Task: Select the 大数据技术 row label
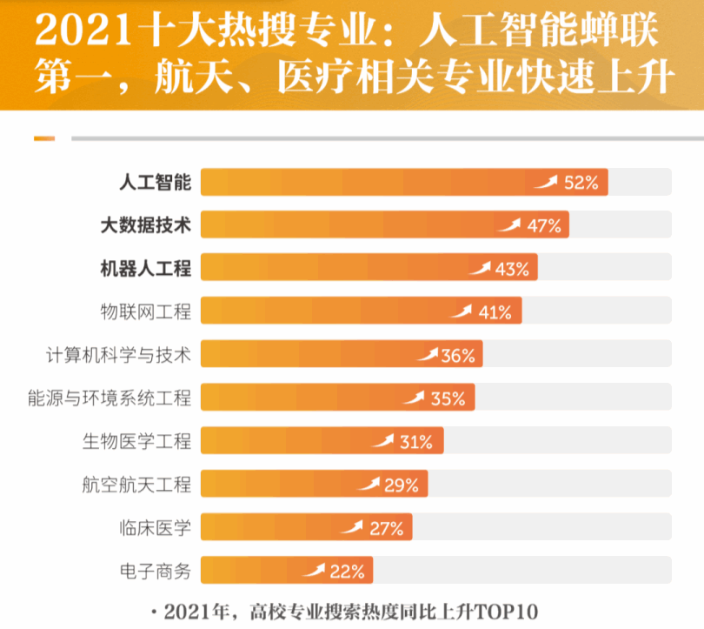click(x=145, y=225)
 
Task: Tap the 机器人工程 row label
click(x=145, y=268)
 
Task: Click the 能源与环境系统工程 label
click(x=109, y=398)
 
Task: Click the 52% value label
click(x=581, y=183)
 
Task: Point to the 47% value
click(x=543, y=226)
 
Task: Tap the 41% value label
click(x=495, y=312)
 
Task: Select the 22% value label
click(x=347, y=572)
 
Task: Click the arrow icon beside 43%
click(x=480, y=268)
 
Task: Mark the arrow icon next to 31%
click(x=383, y=441)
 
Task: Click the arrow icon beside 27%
click(x=352, y=527)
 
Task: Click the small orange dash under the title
click(x=43, y=138)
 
